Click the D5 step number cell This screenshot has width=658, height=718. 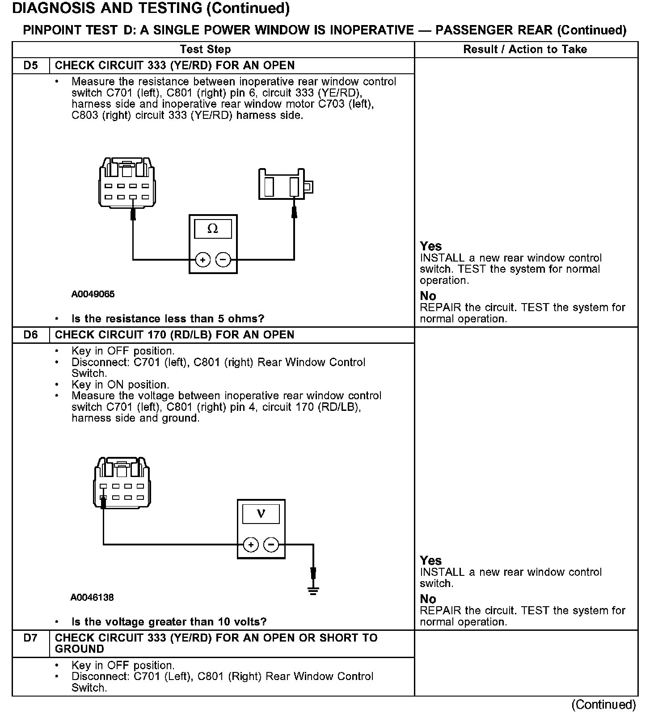click(30, 66)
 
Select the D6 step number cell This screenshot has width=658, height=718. click(30, 335)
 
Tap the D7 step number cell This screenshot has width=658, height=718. click(30, 638)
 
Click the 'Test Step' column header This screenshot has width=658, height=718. click(205, 50)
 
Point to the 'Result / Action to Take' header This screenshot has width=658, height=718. click(525, 50)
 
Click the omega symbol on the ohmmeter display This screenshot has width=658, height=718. click(213, 229)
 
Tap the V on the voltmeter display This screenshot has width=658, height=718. click(261, 514)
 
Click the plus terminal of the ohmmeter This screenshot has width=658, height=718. click(203, 260)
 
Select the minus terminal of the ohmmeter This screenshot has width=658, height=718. click(224, 260)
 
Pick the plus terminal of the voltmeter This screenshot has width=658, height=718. click(251, 545)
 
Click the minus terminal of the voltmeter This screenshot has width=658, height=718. click(271, 545)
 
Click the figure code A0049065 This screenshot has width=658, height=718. click(93, 294)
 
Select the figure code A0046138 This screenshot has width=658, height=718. click(92, 597)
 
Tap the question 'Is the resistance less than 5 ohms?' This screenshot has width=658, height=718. click(168, 319)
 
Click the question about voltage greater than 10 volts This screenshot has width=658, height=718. click(169, 622)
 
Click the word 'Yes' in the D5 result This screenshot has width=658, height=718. click(431, 246)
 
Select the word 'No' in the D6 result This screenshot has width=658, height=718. click(428, 599)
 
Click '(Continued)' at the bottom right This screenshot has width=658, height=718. click(603, 705)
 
